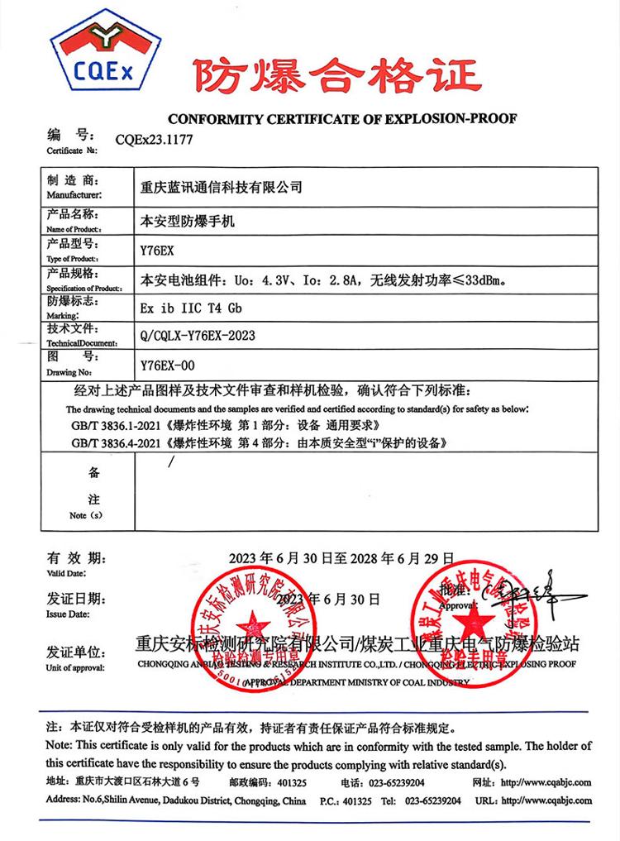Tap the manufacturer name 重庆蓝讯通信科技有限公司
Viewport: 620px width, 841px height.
(222, 188)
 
